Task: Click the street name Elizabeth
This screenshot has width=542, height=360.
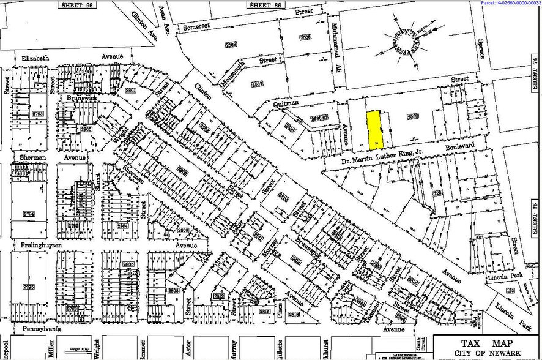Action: point(35,58)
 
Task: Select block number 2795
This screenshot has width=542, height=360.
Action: point(29,287)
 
